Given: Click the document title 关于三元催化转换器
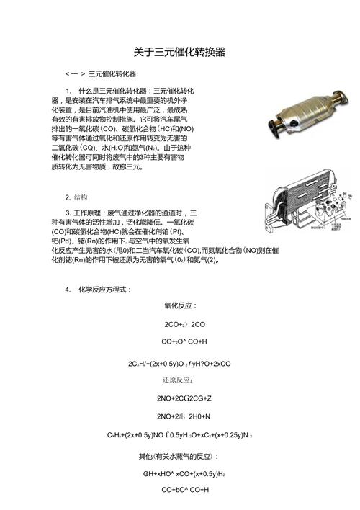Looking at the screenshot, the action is point(180,53).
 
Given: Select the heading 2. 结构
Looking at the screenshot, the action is point(78,197).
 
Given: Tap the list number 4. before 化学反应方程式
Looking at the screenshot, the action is point(67,289).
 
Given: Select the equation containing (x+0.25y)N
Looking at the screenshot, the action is point(180,436).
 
